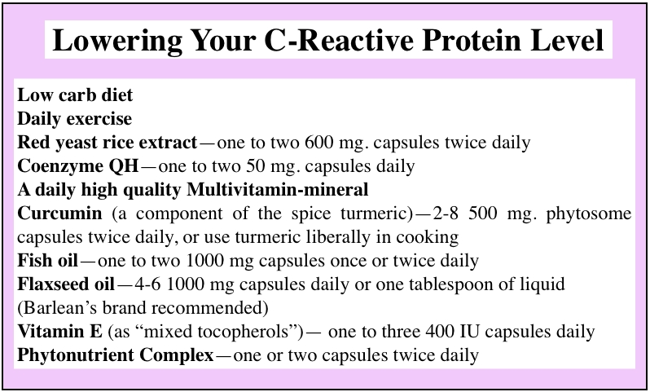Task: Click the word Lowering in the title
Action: (118, 41)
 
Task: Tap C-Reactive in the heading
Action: (339, 40)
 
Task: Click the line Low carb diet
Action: (75, 95)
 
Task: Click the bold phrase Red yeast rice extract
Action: (108, 143)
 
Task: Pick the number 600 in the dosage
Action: (318, 143)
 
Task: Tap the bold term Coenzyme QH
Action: (78, 166)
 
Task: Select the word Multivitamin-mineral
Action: (277, 190)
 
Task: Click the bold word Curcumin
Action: (59, 214)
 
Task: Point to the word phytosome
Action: (589, 214)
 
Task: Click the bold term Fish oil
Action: (48, 261)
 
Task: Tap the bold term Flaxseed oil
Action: (66, 284)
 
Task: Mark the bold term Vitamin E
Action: (59, 332)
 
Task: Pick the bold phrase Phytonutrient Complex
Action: (116, 355)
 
